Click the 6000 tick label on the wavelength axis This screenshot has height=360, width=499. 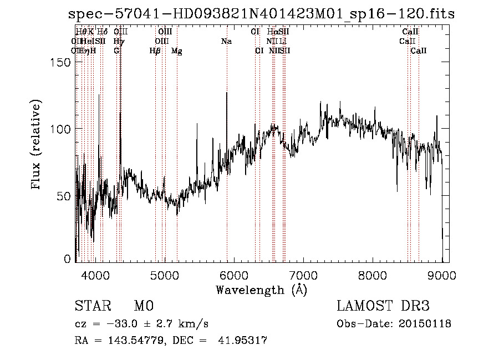point(234,275)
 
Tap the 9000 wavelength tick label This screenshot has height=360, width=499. point(442,275)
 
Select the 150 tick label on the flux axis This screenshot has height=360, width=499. point(61,62)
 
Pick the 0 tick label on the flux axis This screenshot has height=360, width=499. point(68,258)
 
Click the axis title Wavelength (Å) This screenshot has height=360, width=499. point(261,290)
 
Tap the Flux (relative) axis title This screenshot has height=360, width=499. point(37,146)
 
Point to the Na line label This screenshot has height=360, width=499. point(226,41)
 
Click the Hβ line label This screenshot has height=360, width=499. point(155,50)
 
